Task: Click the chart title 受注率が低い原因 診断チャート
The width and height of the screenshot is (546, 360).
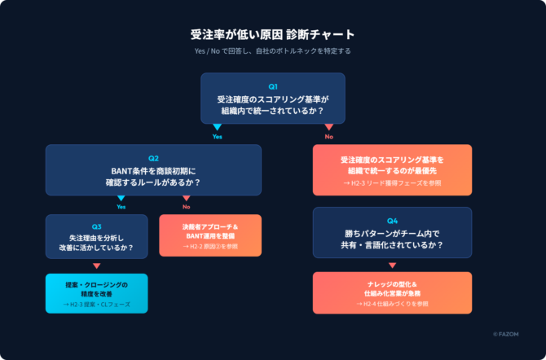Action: coord(272,35)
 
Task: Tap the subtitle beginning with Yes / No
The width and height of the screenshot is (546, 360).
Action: coord(272,50)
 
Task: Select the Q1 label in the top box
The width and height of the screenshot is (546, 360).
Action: coord(273,86)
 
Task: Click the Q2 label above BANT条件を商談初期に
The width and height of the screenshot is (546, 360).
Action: coord(153,158)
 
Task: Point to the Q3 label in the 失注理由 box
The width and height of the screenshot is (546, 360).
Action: coord(96,226)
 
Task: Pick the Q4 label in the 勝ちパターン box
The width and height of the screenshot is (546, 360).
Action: coord(392,221)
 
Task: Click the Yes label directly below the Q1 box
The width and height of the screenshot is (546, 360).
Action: coord(217,137)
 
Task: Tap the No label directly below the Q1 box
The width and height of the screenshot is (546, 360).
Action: coord(328,137)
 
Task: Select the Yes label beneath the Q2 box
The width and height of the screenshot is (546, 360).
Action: coord(121,207)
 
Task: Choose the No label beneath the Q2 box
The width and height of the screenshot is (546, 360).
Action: coord(187,207)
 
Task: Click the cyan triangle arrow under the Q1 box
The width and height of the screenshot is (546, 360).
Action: coord(217,127)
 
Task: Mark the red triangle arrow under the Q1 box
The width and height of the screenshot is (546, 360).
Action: coord(328,127)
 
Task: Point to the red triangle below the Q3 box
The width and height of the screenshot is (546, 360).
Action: coord(96,266)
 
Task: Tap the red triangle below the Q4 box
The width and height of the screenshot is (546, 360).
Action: coord(392,266)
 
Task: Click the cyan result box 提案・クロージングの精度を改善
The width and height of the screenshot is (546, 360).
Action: coord(96,294)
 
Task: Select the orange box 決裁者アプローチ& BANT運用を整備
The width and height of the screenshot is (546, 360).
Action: coord(210,235)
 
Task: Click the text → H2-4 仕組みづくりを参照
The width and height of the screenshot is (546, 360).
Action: coord(392,304)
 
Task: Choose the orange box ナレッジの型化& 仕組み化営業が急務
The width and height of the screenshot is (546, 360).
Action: coord(392,292)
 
